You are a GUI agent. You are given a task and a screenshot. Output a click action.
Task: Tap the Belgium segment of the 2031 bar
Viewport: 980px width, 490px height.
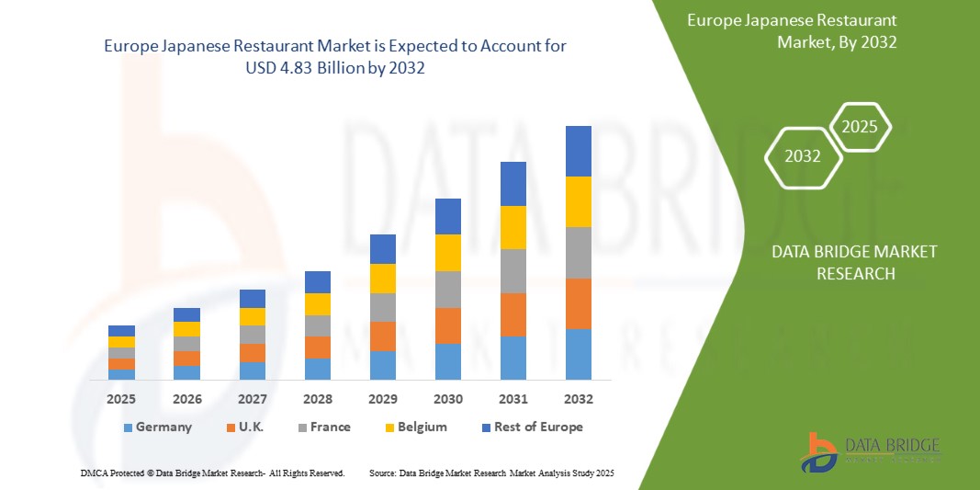click(x=513, y=227)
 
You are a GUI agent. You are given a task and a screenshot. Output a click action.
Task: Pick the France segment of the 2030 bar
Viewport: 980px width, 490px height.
click(x=447, y=289)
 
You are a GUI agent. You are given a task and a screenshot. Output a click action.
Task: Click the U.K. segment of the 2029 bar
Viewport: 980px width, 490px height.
click(x=382, y=336)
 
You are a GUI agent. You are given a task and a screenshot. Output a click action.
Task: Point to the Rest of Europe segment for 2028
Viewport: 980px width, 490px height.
click(x=317, y=281)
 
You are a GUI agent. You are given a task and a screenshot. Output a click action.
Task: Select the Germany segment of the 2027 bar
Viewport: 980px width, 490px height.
click(x=252, y=370)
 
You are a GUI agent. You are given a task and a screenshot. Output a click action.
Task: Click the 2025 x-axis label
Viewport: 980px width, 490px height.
click(x=121, y=400)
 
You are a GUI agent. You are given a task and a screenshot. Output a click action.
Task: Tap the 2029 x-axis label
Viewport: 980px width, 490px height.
click(x=382, y=400)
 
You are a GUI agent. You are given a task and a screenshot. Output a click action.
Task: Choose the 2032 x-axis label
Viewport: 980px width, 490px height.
click(x=578, y=400)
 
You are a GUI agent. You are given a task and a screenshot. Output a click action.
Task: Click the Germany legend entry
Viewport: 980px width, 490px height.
click(x=157, y=427)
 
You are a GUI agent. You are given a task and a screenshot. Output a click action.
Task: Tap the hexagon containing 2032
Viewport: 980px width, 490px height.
click(x=803, y=157)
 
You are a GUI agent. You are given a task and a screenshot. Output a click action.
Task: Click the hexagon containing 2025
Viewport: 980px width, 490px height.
click(x=861, y=127)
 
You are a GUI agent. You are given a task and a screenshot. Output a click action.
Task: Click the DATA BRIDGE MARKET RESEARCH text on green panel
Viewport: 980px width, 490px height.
click(x=841, y=263)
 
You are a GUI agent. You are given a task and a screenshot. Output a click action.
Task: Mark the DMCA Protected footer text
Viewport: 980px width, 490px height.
click(x=212, y=473)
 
